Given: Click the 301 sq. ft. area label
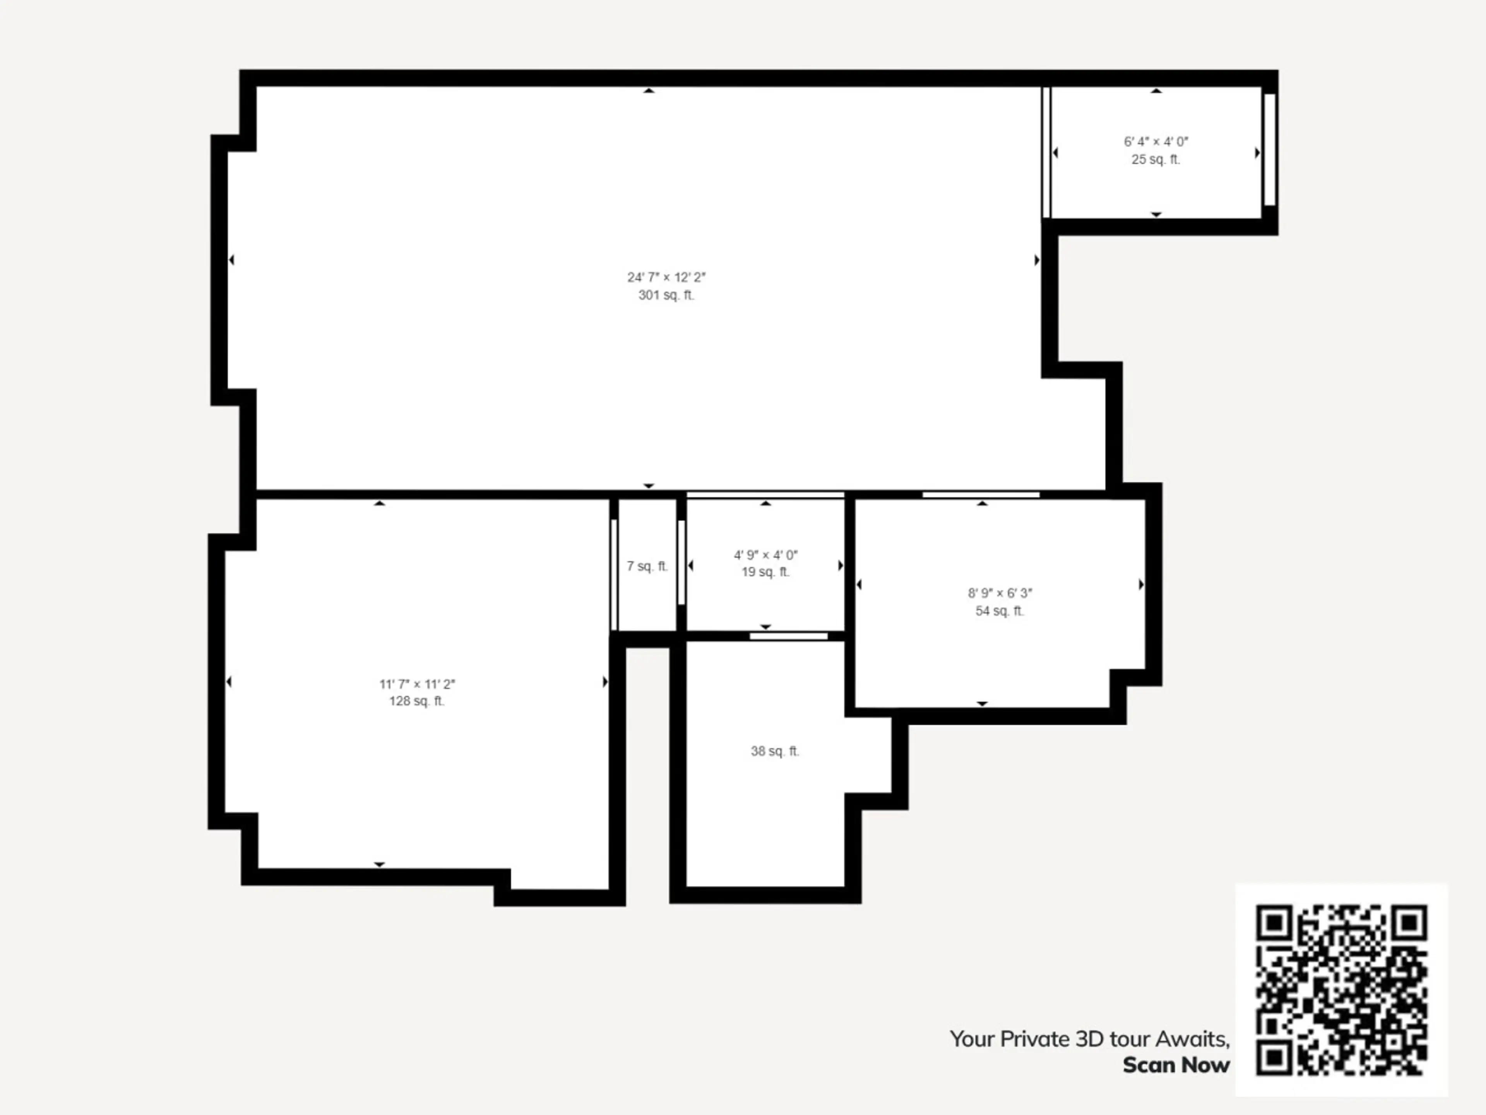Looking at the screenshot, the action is (666, 295).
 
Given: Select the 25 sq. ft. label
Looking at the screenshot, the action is (1156, 159).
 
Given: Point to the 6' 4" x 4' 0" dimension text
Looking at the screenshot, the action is (1156, 142).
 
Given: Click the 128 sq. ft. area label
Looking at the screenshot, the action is (416, 701).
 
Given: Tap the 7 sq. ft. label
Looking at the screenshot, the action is (647, 566).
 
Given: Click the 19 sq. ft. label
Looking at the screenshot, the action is (765, 572).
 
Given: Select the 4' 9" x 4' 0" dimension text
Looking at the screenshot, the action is (765, 555).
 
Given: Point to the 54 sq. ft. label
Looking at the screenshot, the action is (1000, 611).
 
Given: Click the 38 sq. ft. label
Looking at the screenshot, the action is (775, 751).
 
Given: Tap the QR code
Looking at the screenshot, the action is (1342, 990).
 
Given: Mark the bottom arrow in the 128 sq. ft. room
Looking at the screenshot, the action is (380, 864).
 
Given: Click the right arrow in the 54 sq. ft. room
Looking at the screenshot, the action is (1141, 585).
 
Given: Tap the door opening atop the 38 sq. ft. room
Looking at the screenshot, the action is (789, 636).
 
